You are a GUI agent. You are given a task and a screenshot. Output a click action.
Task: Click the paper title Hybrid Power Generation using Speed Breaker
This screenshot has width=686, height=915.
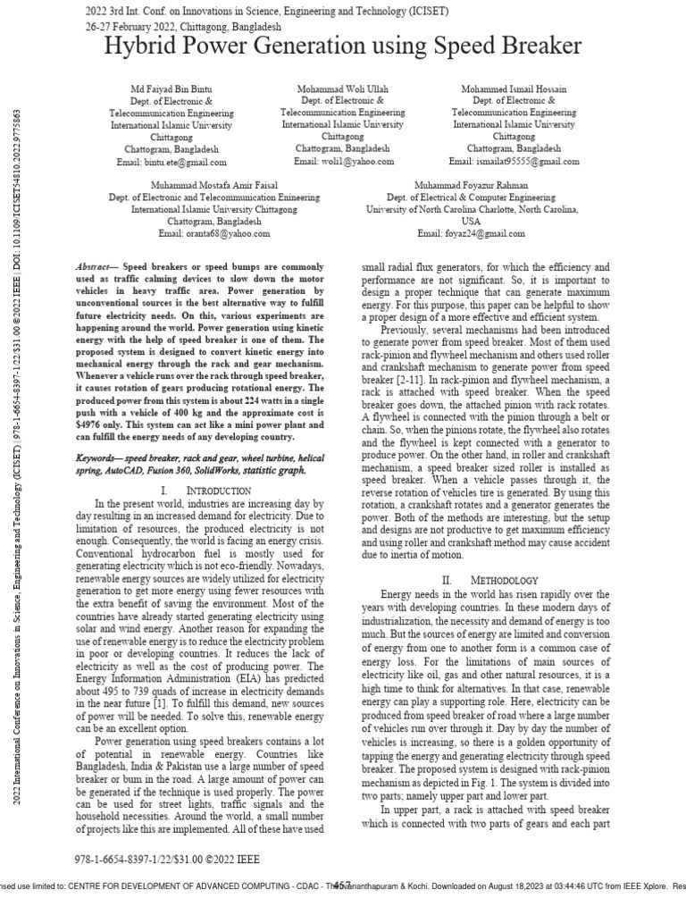[x=343, y=46]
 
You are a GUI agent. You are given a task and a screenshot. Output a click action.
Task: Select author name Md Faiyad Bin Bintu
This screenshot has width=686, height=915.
[x=171, y=90]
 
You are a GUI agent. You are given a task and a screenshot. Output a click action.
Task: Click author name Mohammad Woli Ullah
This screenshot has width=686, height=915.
[x=344, y=89]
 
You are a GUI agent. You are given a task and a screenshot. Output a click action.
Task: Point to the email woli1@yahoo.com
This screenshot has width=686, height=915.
[x=344, y=162]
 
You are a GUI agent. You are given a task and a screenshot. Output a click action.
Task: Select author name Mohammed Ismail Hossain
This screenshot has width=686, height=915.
[x=514, y=90]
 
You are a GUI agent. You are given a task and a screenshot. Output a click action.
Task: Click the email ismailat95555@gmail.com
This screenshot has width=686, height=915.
[x=514, y=162]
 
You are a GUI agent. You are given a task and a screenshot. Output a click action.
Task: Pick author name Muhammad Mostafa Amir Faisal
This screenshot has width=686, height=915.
[x=201, y=185]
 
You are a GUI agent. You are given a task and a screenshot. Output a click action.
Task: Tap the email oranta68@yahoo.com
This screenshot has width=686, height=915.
[x=201, y=233]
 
